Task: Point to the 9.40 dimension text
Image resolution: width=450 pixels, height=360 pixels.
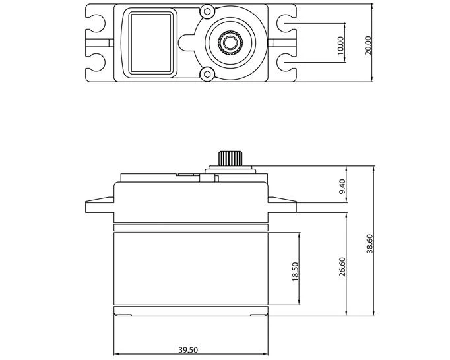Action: (341, 189)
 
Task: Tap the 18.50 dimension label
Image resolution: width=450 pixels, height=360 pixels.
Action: (295, 271)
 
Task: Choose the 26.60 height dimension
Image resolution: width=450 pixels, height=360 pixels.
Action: (342, 267)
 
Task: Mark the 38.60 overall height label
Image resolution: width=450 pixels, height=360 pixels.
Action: (370, 242)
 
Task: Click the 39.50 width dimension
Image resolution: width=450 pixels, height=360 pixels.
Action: (189, 351)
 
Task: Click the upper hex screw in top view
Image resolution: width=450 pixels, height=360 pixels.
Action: (209, 12)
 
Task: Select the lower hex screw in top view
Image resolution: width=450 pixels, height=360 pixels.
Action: (209, 74)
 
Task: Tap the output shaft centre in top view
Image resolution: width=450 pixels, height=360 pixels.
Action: (231, 43)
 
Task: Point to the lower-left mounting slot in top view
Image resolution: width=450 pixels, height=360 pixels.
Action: (99, 63)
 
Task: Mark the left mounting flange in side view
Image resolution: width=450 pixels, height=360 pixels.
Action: (100, 205)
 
